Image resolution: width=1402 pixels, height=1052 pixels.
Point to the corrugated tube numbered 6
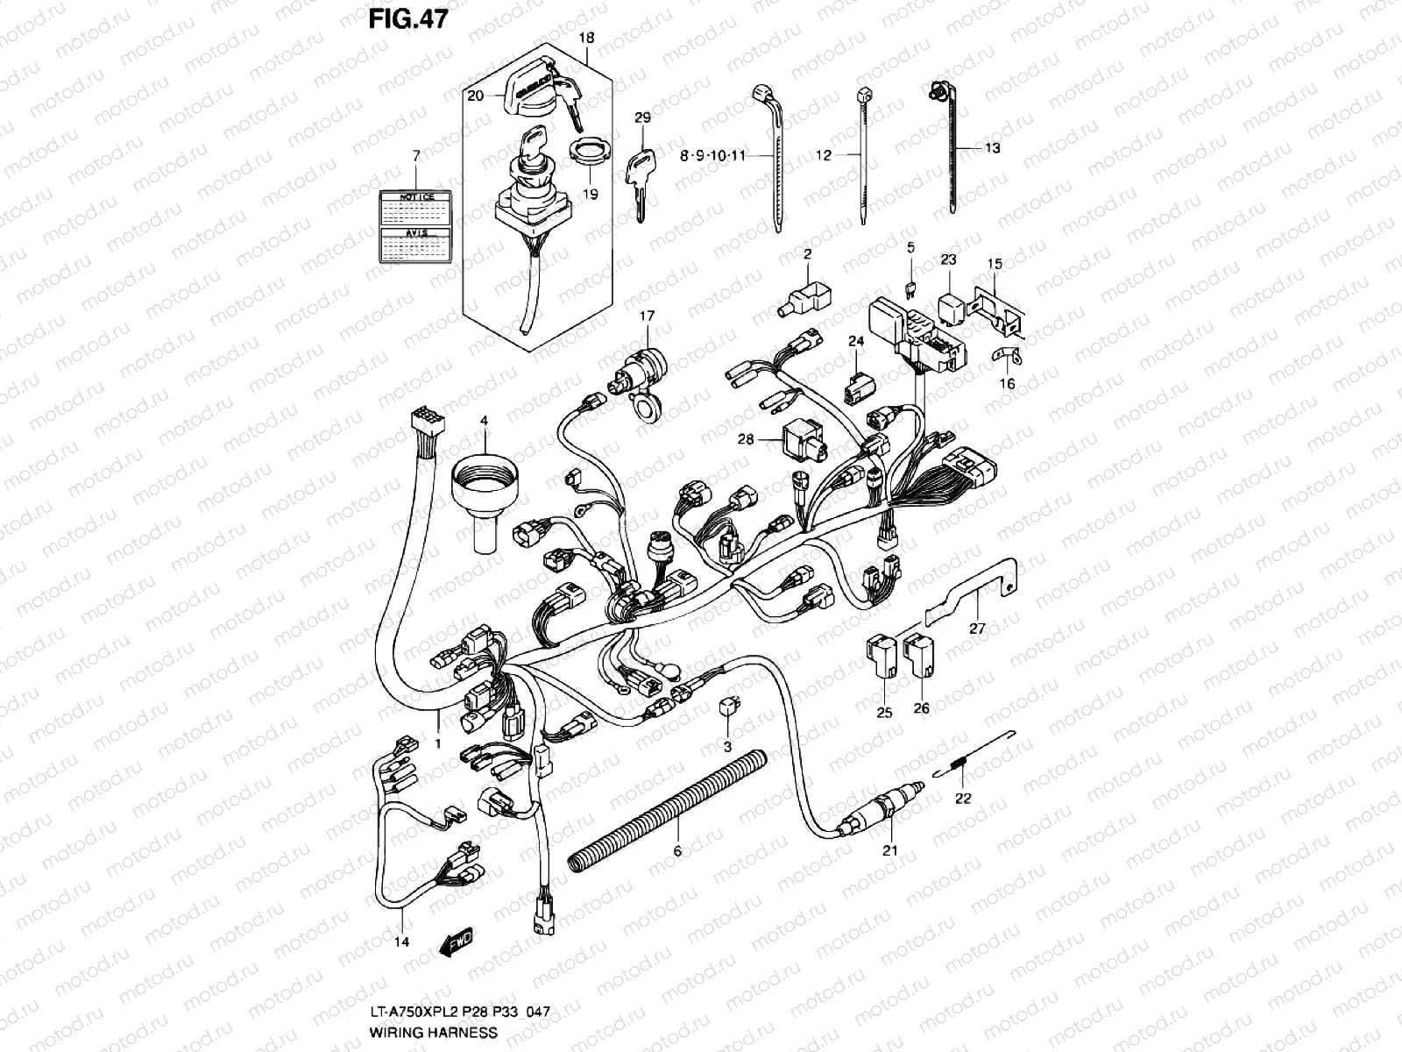pyautogui.click(x=666, y=811)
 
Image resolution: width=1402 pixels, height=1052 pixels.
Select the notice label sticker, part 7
pyautogui.click(x=417, y=227)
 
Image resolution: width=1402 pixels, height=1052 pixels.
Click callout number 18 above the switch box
pyautogui.click(x=586, y=38)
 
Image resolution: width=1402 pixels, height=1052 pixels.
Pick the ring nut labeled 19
pyautogui.click(x=591, y=152)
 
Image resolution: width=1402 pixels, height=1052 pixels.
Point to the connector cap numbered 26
pyautogui.click(x=919, y=656)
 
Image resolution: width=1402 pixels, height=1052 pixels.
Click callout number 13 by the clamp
pyautogui.click(x=992, y=149)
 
